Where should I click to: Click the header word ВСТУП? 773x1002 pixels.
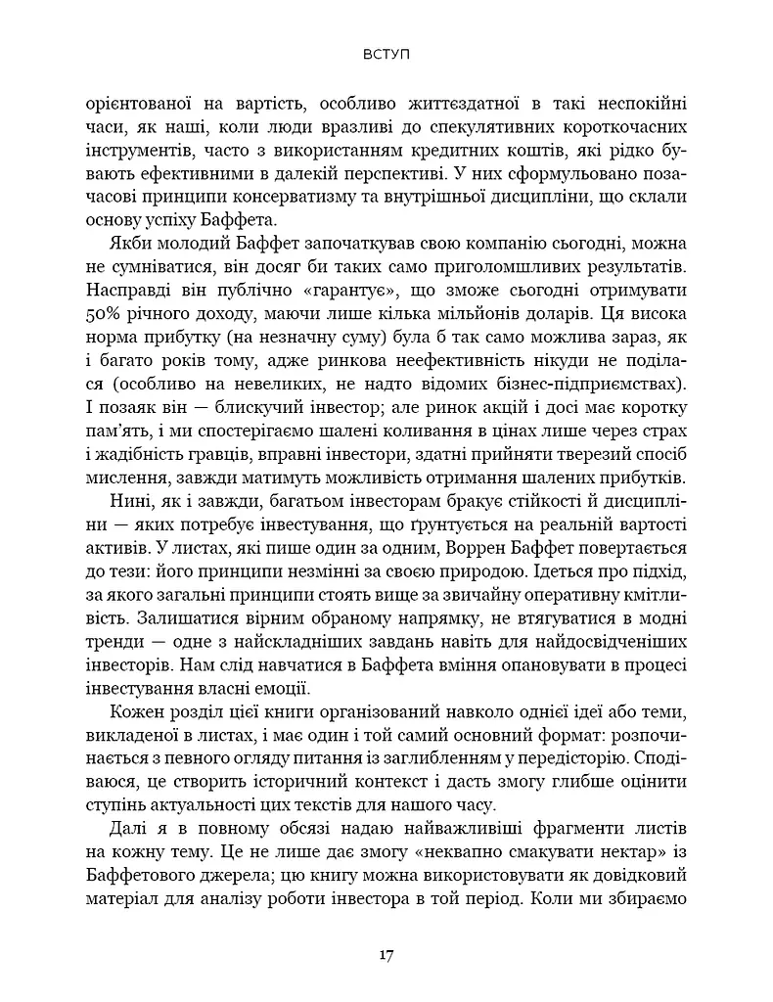[x=386, y=56]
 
